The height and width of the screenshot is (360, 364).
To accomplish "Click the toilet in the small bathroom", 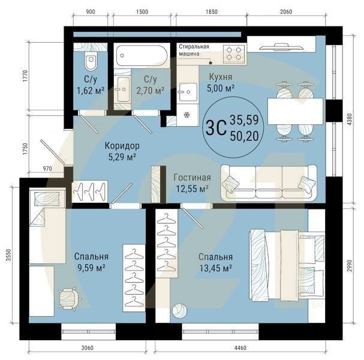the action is [91, 61].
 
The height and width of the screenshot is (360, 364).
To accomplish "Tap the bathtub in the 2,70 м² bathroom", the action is [142, 56].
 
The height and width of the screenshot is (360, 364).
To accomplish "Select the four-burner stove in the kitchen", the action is [234, 54].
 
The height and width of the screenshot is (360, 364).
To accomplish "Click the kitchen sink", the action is [188, 92].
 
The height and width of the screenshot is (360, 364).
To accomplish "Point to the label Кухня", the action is [221, 77].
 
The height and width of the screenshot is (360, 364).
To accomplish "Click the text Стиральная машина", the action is [194, 50].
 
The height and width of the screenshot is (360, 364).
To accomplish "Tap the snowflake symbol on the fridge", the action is [186, 115].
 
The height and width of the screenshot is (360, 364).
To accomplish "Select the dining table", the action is [295, 112].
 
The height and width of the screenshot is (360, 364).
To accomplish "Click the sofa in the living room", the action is [269, 183].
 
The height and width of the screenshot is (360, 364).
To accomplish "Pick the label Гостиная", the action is [192, 178].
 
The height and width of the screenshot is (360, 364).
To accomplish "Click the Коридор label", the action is [122, 146].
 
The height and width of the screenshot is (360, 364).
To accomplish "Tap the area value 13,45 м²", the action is [216, 268].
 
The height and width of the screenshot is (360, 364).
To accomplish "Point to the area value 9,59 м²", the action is [92, 268].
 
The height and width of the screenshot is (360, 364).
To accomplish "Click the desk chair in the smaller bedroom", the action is [69, 299].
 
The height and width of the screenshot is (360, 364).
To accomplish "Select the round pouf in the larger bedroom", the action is [179, 310].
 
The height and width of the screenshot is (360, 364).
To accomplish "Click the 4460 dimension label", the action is [240, 348].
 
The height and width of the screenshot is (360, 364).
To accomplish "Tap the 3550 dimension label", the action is [8, 255].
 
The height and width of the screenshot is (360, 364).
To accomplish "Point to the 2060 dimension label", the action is [286, 11].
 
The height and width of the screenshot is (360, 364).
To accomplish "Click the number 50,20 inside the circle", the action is [244, 136].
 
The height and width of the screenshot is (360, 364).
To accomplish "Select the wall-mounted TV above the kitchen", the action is [281, 47].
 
